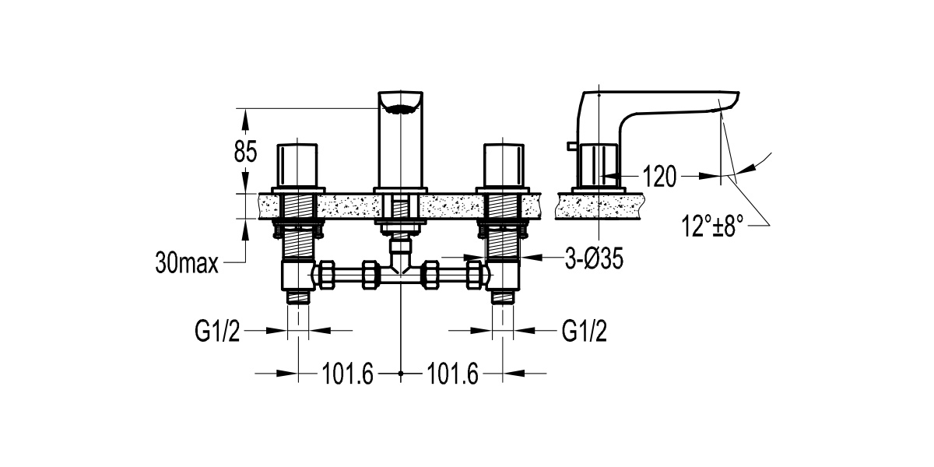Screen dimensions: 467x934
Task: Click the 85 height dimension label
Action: coord(246,150)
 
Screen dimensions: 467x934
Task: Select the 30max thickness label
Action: coord(187,265)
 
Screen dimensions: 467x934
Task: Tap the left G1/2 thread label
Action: coord(215,332)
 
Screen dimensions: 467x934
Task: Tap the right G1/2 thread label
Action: coord(584,332)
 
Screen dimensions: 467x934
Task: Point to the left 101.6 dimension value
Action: coord(348,375)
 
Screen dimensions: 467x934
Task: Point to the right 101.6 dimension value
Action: coord(452,375)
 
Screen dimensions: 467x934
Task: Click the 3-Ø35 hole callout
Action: coord(593,260)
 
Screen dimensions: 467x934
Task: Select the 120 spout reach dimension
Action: coord(659,177)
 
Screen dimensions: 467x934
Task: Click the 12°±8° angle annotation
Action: coord(712,227)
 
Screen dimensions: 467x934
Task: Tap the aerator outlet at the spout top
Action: coord(400,108)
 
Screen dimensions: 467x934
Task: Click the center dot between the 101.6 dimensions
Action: coord(400,374)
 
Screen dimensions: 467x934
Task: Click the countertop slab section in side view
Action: coord(599,207)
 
